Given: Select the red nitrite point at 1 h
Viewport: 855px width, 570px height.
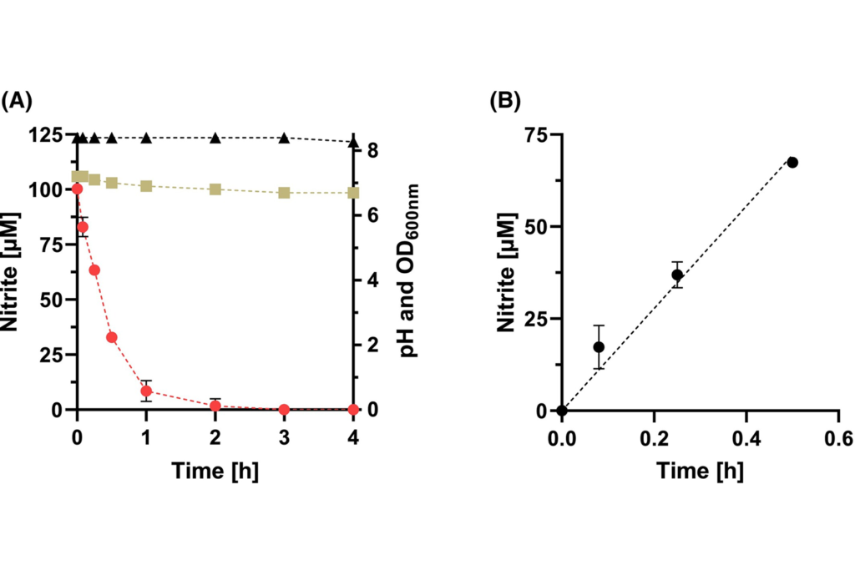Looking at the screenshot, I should [x=146, y=391].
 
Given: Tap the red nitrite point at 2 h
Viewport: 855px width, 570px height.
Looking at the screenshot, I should [x=215, y=406].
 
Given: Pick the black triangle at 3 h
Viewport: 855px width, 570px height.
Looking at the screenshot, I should [x=284, y=138].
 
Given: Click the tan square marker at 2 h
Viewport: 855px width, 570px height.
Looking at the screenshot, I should [x=215, y=189].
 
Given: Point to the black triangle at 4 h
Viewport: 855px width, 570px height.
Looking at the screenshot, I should [x=353, y=141].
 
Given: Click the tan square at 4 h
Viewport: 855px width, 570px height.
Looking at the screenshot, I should [x=353, y=193].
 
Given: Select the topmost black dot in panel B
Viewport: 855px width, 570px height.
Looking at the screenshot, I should [x=792, y=162].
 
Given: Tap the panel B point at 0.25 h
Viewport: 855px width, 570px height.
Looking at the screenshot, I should [x=677, y=275].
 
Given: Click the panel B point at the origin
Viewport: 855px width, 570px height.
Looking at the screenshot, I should [x=562, y=410].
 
